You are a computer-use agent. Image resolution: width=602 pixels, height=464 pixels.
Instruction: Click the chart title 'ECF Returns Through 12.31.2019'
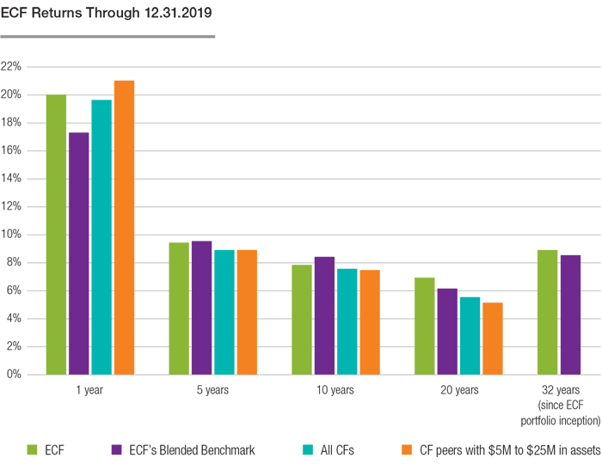click(x=107, y=15)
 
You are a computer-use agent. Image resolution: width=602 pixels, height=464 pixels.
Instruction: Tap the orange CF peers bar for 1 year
click(x=124, y=228)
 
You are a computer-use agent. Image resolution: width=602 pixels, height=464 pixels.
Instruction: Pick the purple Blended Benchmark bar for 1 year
click(x=79, y=253)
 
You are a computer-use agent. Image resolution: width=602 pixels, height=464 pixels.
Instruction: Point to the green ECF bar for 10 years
click(x=302, y=320)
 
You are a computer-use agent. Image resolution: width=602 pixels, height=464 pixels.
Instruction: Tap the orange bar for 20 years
click(x=491, y=339)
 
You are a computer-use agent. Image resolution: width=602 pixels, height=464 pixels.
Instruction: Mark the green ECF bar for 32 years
click(x=547, y=312)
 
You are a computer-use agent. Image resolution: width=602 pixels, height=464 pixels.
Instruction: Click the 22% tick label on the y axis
click(x=12, y=66)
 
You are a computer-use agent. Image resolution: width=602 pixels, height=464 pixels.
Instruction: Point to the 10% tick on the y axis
click(x=12, y=235)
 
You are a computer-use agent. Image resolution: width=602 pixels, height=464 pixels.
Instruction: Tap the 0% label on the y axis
click(x=15, y=375)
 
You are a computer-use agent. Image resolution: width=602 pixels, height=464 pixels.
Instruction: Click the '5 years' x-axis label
click(x=212, y=390)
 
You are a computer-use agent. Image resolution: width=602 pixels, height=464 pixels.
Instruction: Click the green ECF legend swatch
click(x=32, y=449)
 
